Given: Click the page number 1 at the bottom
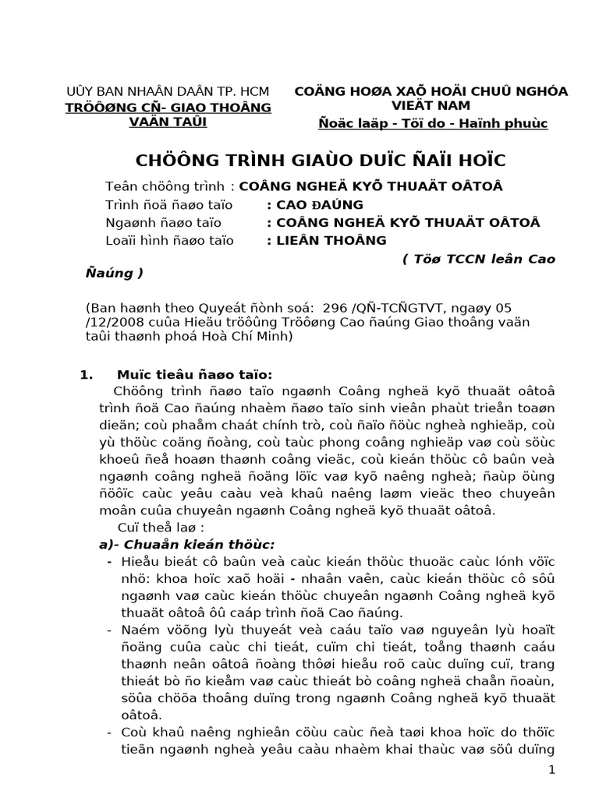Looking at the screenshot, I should pos(551,770).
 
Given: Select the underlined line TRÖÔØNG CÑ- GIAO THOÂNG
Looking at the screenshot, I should pos(168,107).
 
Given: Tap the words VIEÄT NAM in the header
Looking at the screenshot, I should pos(431,106).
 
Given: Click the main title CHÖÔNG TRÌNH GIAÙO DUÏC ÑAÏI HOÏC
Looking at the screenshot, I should pos(321,161).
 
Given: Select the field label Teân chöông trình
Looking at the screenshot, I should pos(166,187).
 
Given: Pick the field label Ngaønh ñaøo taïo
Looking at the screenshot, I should pos(159,223).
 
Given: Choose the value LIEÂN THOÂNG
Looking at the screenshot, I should pos(326,241).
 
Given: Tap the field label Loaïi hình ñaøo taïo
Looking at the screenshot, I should pos(169,241).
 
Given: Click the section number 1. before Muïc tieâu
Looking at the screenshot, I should pos(87,374).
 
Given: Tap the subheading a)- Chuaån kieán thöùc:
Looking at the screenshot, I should pos(192,544).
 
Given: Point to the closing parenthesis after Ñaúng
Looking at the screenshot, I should pos(140,274).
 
